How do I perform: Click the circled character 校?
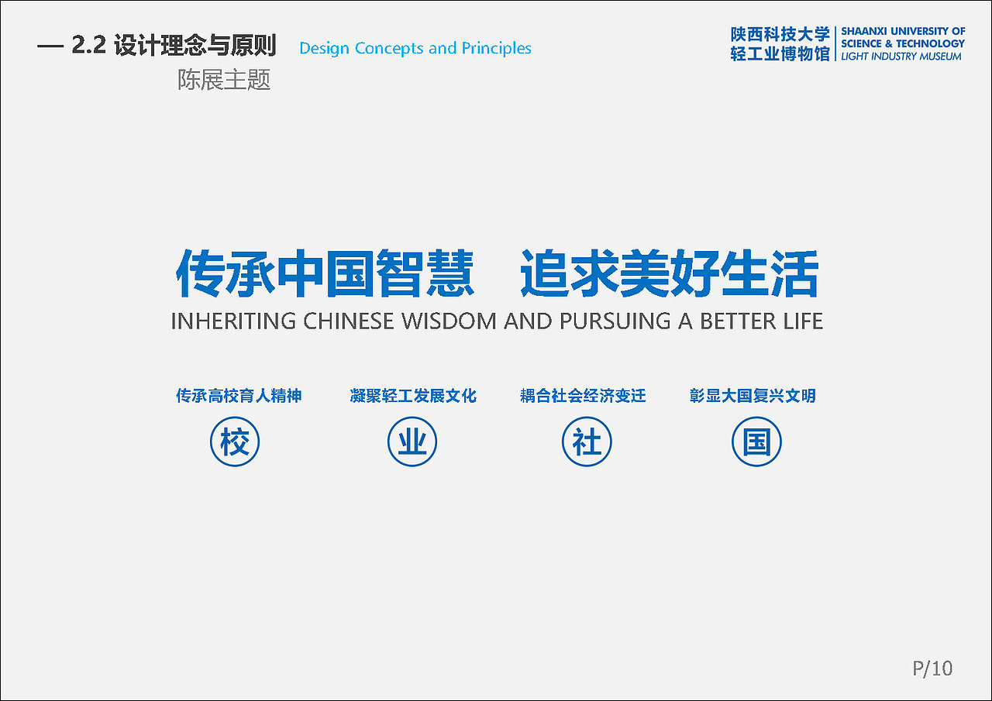235,443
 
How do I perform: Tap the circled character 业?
412,443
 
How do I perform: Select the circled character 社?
587,443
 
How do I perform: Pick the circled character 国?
757,443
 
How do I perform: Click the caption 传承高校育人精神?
239,396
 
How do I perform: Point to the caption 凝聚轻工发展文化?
413,396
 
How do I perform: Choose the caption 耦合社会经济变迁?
583,396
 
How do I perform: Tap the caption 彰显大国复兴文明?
753,396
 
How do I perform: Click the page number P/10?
932,668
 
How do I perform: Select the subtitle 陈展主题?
224,80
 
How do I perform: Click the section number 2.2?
88,46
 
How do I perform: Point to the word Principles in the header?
497,48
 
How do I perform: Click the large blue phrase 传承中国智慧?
325,273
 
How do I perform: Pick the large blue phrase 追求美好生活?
669,273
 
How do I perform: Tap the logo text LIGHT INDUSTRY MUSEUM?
901,57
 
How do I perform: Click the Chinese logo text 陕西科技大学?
780,34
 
